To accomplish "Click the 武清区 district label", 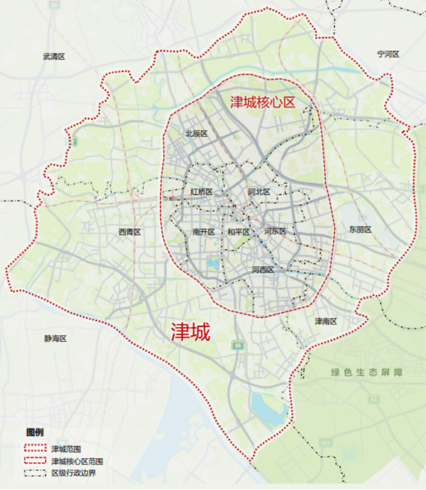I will (x=54, y=57).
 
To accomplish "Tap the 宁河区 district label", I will (x=388, y=54).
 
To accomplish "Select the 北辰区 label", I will (x=196, y=134).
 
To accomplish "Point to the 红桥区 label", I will (x=201, y=192).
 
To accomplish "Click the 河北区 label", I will (x=259, y=192).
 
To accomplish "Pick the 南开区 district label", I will (x=203, y=232).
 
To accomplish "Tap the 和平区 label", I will (x=239, y=232).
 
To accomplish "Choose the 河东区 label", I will (x=275, y=232).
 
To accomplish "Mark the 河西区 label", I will (x=263, y=270).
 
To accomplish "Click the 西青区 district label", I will (x=129, y=232).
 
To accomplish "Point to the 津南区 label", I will (x=325, y=321).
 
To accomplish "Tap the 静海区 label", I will (x=55, y=339).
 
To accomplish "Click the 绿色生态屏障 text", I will (x=367, y=372).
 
